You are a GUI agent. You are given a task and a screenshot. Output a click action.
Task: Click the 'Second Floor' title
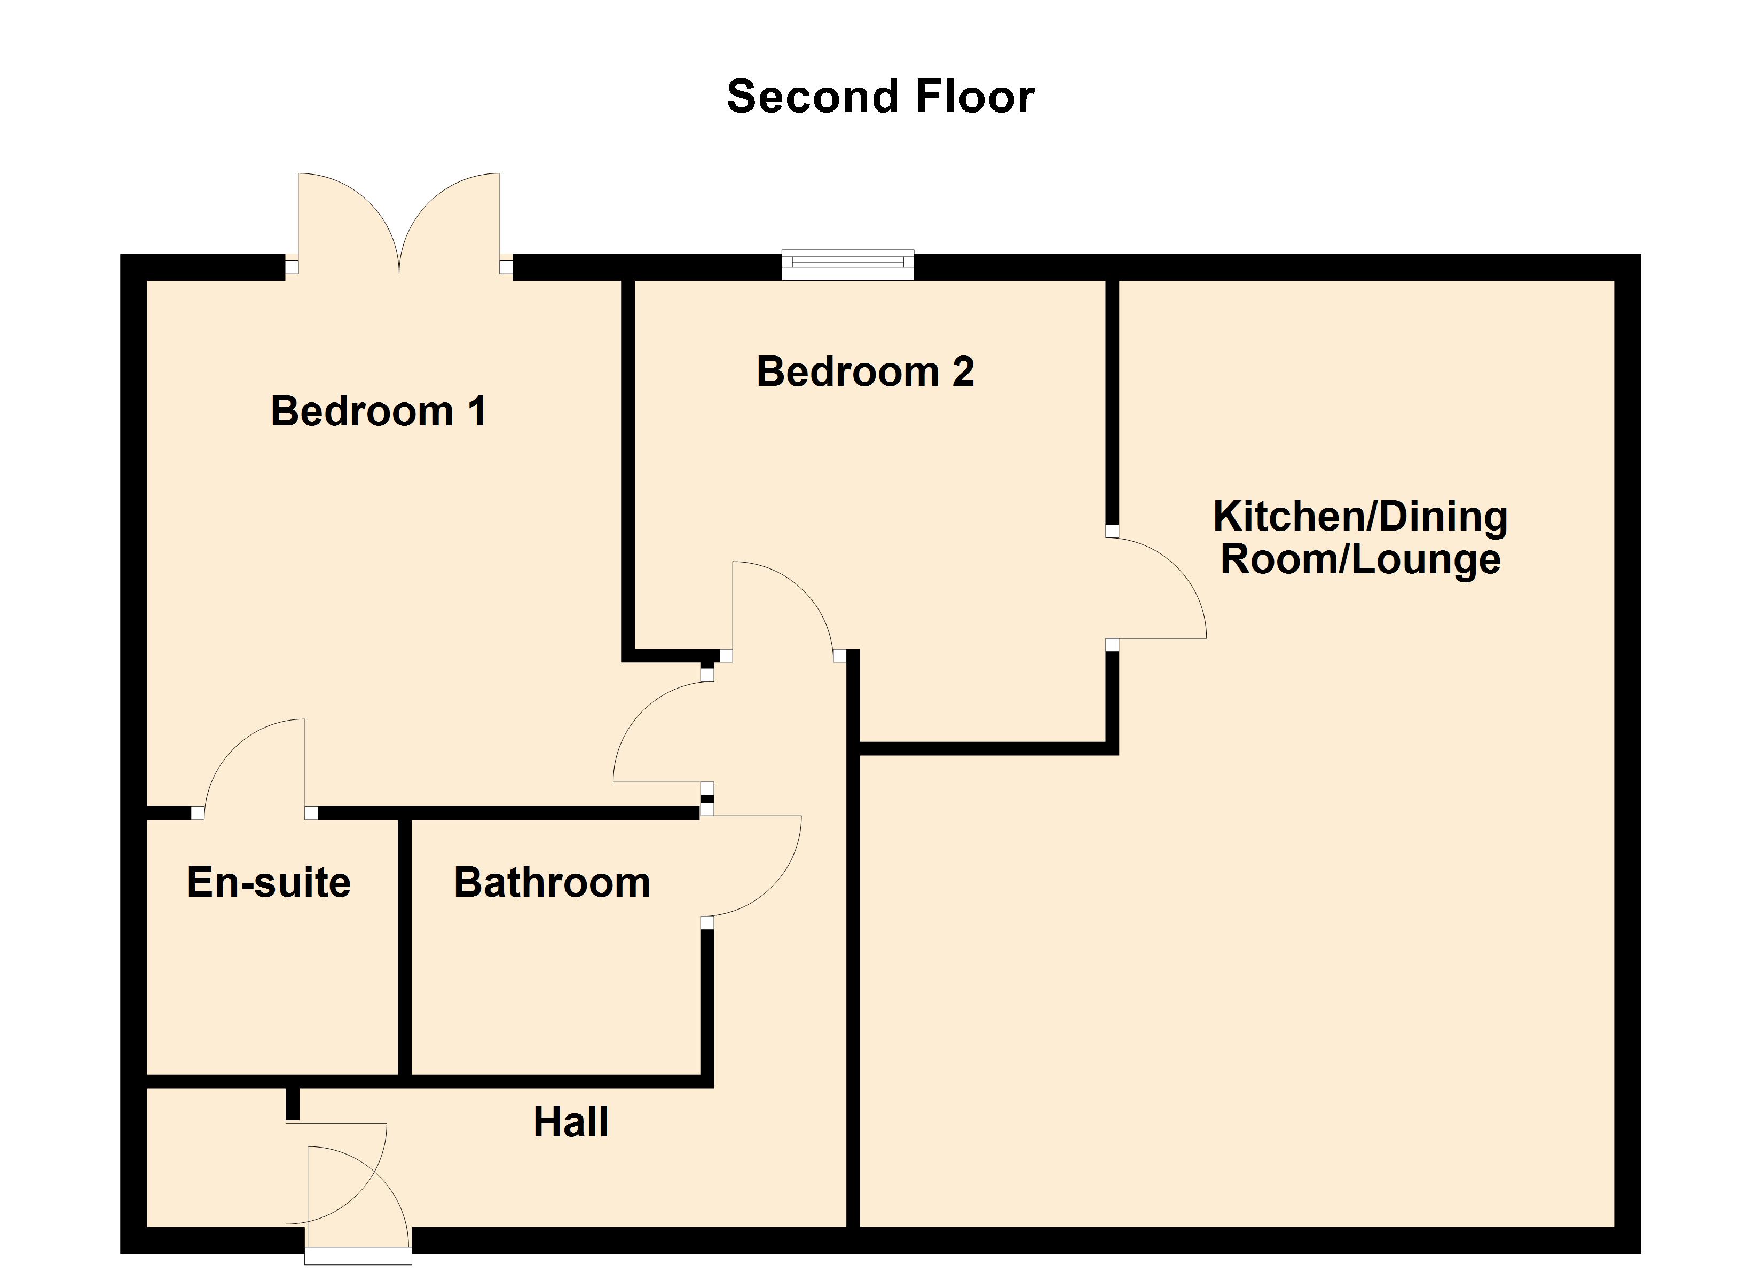point(880,97)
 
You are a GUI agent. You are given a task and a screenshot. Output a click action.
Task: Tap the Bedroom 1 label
point(379,411)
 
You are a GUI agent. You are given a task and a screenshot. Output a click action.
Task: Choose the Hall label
point(570,1122)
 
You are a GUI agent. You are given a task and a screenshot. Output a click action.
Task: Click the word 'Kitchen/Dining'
point(1360,517)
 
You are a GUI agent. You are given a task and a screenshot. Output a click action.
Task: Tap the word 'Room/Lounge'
point(1360,560)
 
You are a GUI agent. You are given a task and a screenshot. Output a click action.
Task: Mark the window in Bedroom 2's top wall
point(847,265)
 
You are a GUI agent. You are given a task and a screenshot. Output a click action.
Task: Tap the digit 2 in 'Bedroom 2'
point(963,371)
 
